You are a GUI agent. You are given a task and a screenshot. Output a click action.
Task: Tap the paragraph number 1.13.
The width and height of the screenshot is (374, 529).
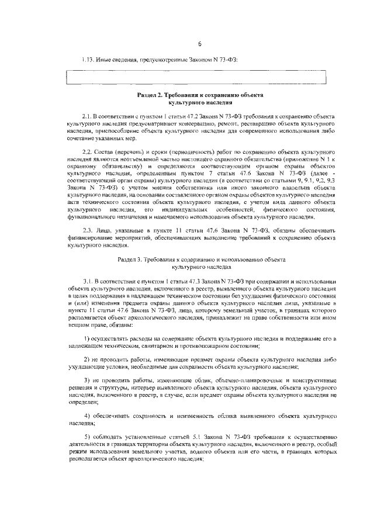88,60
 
